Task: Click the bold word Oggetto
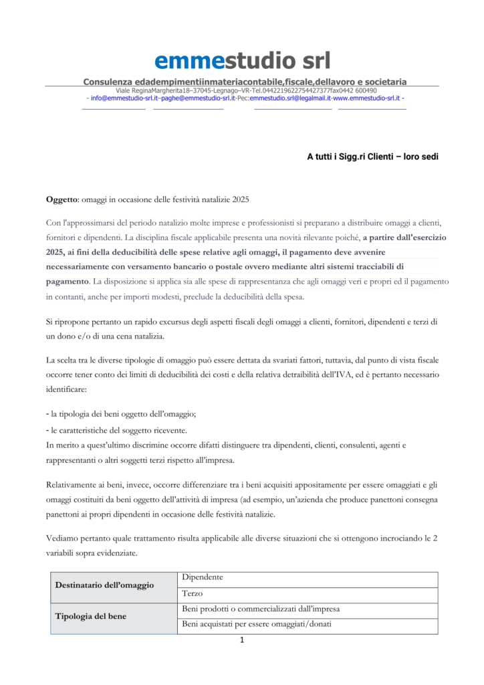62,199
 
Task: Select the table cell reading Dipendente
203,577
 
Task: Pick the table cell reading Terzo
193,593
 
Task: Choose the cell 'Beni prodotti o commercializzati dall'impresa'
261,609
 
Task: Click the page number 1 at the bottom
242,641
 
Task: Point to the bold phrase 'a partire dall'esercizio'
404,237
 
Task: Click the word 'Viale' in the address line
123,90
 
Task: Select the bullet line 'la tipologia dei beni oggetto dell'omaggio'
130,415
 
